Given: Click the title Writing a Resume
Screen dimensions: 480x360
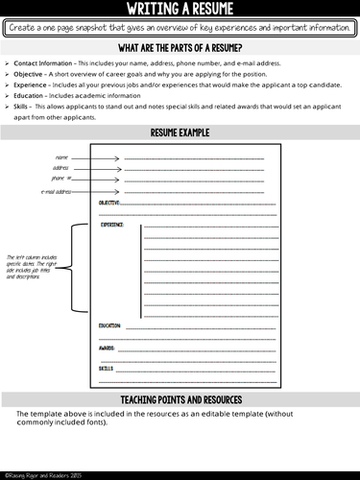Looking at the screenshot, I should (180, 10).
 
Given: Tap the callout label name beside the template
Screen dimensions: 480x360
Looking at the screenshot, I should (62, 156).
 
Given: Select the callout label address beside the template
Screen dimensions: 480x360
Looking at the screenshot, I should (60, 168).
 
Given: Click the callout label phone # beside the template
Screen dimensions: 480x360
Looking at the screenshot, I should (59, 179).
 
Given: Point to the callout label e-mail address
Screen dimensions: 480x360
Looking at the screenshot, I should (57, 191).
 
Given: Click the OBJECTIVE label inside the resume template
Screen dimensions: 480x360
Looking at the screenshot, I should (110, 204).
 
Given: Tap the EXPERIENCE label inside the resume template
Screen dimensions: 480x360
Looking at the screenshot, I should (114, 226).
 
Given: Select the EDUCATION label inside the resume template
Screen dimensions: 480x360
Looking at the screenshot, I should (110, 325).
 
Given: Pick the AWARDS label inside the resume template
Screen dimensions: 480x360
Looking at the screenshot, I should (107, 347).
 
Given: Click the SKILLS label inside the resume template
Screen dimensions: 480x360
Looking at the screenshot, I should (106, 368).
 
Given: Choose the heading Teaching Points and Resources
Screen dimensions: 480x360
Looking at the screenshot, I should (180, 399).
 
